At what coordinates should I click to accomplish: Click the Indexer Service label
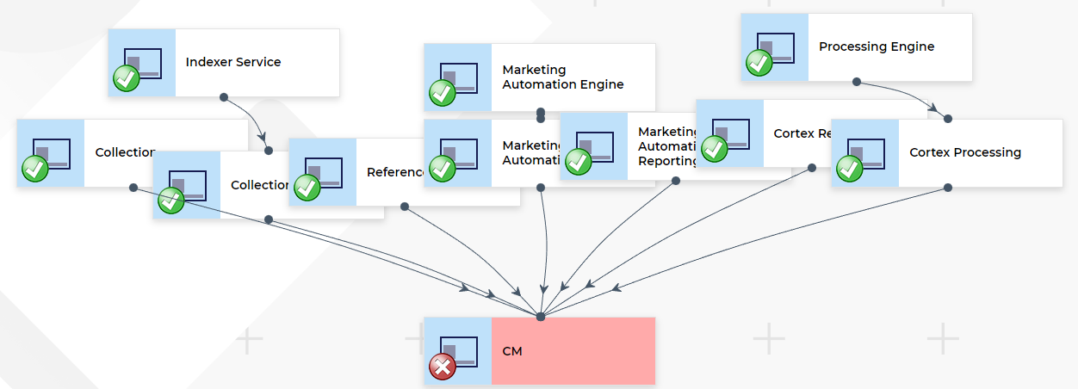click(x=233, y=62)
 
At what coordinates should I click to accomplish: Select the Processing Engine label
click(x=876, y=46)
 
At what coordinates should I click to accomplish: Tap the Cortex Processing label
click(x=965, y=152)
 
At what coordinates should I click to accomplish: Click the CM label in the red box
click(x=512, y=351)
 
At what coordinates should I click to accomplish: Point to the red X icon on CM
click(x=443, y=367)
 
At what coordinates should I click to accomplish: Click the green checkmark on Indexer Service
click(x=127, y=79)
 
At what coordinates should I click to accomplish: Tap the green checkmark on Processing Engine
click(x=759, y=63)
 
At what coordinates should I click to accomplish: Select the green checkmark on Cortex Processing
click(x=850, y=168)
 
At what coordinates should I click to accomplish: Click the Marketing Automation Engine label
click(x=562, y=77)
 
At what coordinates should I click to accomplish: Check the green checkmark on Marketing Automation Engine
click(x=443, y=93)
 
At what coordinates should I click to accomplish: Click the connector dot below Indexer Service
click(x=224, y=97)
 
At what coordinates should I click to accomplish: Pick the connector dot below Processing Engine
click(x=857, y=82)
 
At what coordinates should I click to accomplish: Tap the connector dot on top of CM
click(x=541, y=317)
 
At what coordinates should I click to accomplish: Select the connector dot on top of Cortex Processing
click(x=948, y=118)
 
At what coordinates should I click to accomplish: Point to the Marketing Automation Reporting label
click(x=667, y=146)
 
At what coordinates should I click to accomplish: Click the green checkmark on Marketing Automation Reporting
click(x=578, y=161)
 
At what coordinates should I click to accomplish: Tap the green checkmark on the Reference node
click(x=307, y=187)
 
